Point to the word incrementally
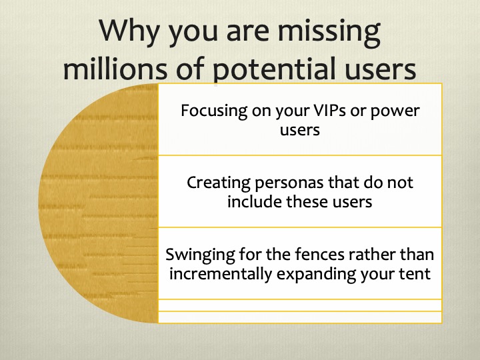[x=217, y=273]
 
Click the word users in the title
[x=375, y=69]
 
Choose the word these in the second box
[x=306, y=201]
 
